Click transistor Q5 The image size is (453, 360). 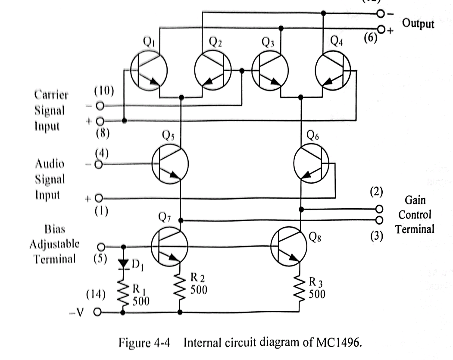pyautogui.click(x=170, y=165)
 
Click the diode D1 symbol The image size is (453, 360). pyautogui.click(x=125, y=263)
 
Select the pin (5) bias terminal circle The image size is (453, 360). pyautogui.click(x=101, y=247)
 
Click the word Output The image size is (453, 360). pyautogui.click(x=418, y=23)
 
